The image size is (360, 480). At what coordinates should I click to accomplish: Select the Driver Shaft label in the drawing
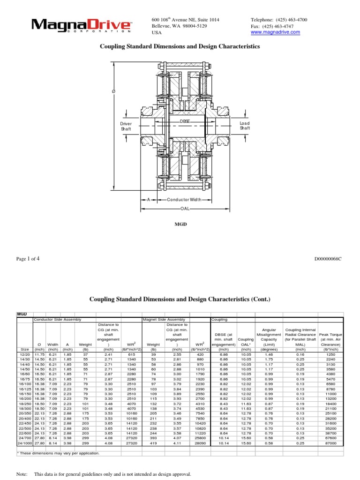pos(126,126)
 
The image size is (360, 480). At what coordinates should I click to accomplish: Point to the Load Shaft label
pos(245,126)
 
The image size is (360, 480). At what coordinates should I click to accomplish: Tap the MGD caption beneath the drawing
pos(180,225)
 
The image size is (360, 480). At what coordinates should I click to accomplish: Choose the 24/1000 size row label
pos(25,443)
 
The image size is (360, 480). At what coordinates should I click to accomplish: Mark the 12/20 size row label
pos(25,355)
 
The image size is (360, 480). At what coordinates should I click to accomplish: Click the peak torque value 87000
pos(331,443)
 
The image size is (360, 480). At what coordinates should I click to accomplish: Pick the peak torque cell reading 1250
pos(331,355)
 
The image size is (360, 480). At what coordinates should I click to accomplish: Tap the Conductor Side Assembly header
pos(58,319)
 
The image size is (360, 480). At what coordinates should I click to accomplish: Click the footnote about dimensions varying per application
pos(59,453)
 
